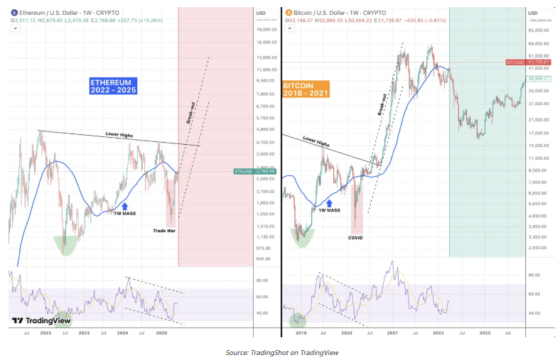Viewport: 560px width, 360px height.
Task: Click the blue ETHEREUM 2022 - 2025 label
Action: point(113,87)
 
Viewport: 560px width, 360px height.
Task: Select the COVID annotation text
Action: point(356,238)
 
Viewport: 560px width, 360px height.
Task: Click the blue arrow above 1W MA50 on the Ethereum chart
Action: point(125,204)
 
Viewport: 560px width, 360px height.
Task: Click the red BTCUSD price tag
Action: point(524,62)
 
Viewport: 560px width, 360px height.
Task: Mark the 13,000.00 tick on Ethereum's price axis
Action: point(266,58)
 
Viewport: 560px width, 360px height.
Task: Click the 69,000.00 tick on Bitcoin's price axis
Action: point(540,43)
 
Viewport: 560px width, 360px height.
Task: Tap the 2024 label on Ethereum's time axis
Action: point(123,332)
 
